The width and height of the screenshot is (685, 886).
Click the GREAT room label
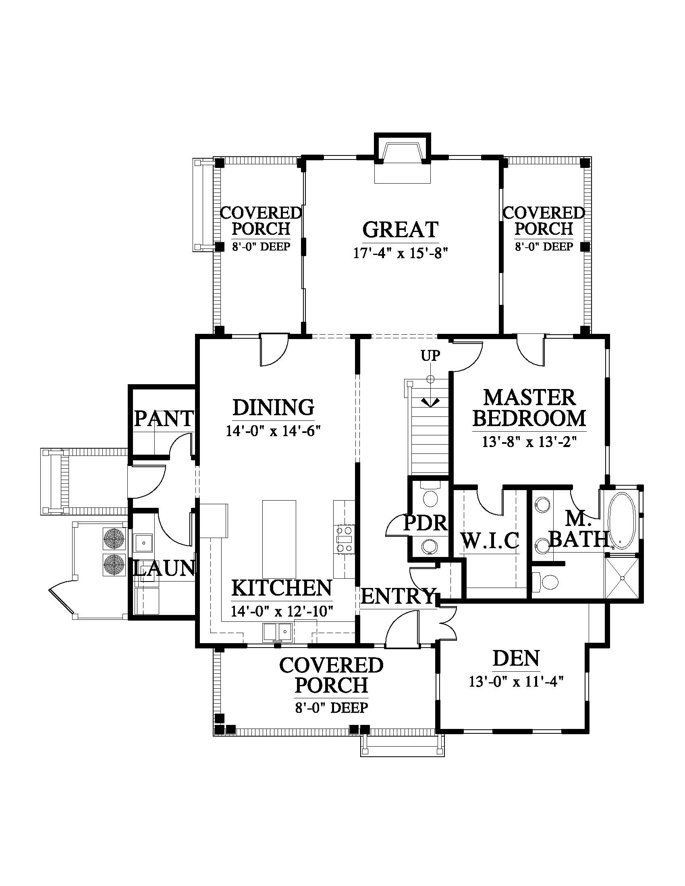tap(400, 230)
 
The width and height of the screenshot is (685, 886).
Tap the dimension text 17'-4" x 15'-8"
tap(400, 254)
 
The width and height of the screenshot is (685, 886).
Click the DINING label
tap(274, 407)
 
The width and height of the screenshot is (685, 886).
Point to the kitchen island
tap(279, 539)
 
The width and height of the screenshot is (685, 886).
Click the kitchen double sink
tap(278, 632)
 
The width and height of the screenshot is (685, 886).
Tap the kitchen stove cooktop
tap(344, 539)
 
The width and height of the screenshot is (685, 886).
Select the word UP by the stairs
tap(430, 356)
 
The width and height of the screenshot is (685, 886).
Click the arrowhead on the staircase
tap(430, 402)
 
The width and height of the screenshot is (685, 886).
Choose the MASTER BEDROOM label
tap(529, 408)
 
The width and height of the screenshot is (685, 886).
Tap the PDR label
tap(425, 523)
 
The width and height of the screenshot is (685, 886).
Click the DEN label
tap(516, 658)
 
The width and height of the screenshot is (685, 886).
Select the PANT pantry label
tap(164, 418)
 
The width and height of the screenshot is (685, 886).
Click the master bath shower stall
tap(622, 578)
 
